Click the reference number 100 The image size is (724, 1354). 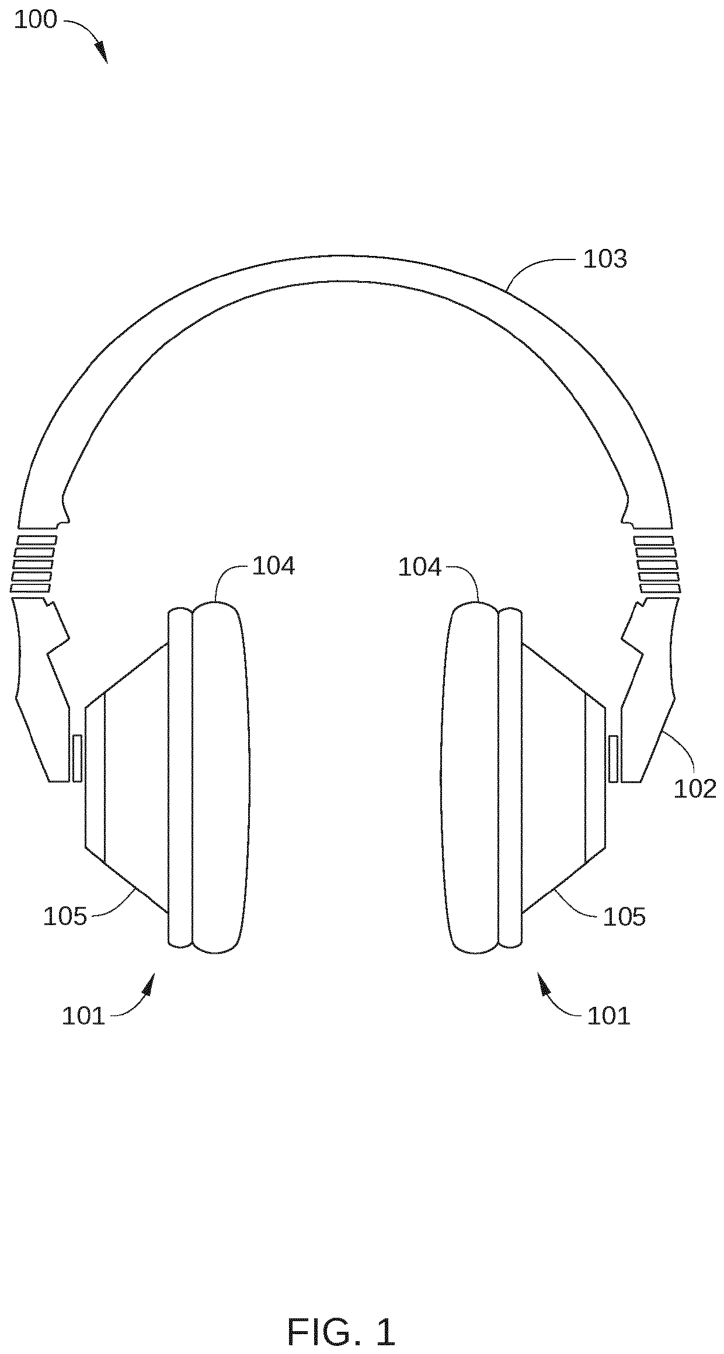click(x=35, y=20)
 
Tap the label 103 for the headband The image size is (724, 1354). click(x=605, y=259)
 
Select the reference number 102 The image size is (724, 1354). click(x=694, y=789)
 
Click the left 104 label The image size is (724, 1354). click(x=273, y=566)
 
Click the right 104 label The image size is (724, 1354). click(x=420, y=567)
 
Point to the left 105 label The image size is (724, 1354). click(x=65, y=917)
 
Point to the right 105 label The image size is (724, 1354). click(x=624, y=917)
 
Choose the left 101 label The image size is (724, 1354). click(x=83, y=1016)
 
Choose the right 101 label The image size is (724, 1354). click(x=609, y=1016)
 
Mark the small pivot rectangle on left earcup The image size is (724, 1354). click(x=77, y=759)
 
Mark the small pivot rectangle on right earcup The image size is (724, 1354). click(x=613, y=759)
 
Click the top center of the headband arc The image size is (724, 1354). click(x=357, y=270)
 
